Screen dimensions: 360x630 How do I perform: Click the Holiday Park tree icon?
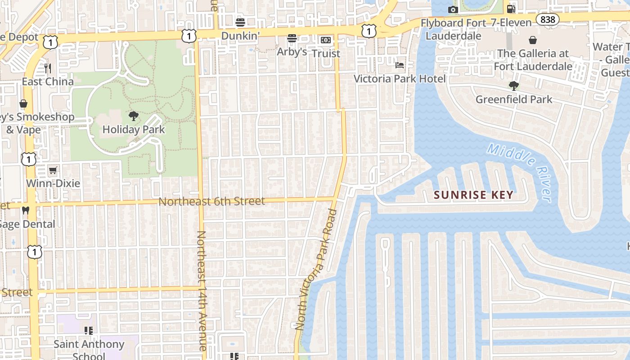pos(133,116)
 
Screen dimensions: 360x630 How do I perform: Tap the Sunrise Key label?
pos(473,195)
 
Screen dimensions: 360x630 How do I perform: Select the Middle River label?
pos(520,172)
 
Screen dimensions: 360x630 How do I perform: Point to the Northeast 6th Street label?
pos(211,201)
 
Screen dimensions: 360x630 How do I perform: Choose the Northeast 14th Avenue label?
pos(202,291)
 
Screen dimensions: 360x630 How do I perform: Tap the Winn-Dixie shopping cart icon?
pos(53,170)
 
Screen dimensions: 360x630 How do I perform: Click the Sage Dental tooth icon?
pos(26,210)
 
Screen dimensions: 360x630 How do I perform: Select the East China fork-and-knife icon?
pos(48,68)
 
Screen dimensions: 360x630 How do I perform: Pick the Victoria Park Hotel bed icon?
pos(399,65)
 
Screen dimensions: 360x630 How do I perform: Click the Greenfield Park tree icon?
pos(513,85)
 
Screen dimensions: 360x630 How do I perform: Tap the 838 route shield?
pos(548,19)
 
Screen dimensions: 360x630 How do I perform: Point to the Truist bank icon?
pos(325,40)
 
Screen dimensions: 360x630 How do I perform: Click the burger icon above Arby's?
pos(292,38)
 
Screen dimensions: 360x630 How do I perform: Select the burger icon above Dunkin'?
pos(240,22)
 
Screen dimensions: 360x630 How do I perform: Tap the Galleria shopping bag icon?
pos(533,40)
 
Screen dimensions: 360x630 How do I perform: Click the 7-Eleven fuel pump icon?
pos(511,9)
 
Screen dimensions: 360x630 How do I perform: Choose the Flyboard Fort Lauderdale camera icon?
pos(453,9)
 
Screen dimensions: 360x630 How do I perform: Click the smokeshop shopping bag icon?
pos(23,103)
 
